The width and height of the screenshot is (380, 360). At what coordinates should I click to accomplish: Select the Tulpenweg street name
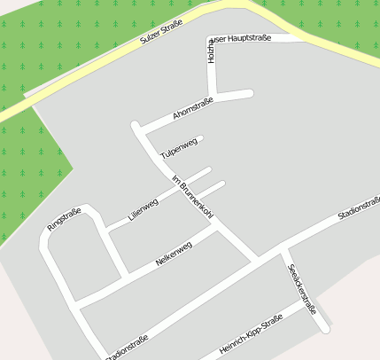(x=178, y=148)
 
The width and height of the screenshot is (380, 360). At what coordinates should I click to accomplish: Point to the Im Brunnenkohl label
(x=192, y=200)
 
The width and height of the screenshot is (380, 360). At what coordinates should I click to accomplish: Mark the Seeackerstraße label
(x=302, y=291)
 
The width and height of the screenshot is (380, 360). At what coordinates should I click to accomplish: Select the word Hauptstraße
(x=244, y=39)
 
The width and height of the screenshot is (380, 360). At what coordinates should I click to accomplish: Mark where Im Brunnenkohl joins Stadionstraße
(x=258, y=260)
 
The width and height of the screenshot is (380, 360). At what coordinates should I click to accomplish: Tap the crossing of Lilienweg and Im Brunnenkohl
(x=181, y=187)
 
